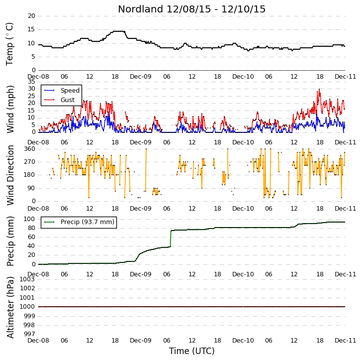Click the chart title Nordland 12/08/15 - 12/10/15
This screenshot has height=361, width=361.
(x=191, y=9)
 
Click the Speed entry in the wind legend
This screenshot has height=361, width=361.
(x=70, y=90)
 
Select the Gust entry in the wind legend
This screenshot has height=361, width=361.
(x=68, y=100)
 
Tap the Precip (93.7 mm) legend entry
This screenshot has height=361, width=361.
(x=88, y=222)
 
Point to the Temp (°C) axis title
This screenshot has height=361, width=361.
(x=9, y=44)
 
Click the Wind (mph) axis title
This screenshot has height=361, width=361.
(x=10, y=109)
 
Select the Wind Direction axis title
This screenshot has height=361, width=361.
(x=10, y=175)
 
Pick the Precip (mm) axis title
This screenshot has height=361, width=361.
(x=10, y=241)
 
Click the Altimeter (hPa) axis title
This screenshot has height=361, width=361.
(x=10, y=308)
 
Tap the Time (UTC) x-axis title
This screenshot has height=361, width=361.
(x=191, y=351)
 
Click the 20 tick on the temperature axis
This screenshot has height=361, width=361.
(x=31, y=16)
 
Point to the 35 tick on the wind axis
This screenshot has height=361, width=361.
(x=31, y=82)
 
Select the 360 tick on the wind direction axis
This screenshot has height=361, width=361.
(x=30, y=149)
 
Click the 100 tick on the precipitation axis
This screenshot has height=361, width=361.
(x=30, y=219)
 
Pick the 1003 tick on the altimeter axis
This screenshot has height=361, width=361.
(x=27, y=279)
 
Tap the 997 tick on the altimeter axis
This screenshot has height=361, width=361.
(x=29, y=334)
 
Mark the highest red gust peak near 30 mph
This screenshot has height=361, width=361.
(x=319, y=89)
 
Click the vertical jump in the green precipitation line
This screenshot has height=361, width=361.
(x=171, y=239)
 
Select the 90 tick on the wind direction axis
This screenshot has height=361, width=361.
(x=31, y=188)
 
